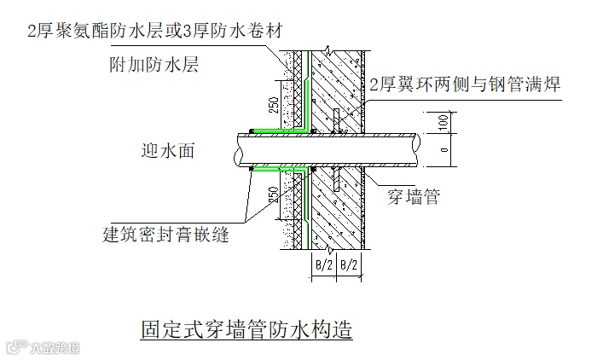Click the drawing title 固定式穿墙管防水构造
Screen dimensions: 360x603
tap(246, 329)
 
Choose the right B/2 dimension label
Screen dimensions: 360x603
tap(349, 265)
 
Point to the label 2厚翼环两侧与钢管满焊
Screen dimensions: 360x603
tap(464, 83)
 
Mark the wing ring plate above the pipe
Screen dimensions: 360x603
tap(336, 120)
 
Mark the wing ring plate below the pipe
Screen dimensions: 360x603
tap(336, 181)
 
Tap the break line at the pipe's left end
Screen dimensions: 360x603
tap(235, 151)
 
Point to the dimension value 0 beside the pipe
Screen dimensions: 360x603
tap(441, 150)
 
